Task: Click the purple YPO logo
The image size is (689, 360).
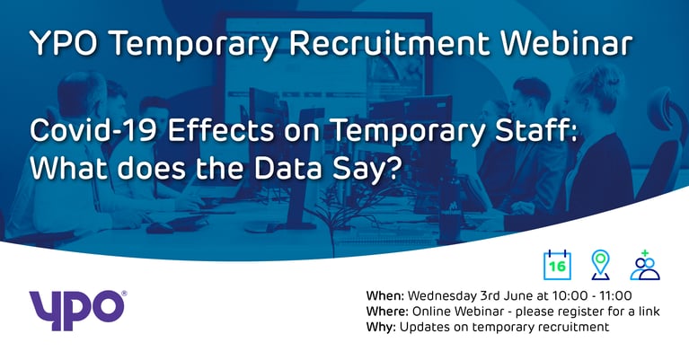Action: coord(77,309)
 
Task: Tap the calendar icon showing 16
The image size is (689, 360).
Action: coord(557,266)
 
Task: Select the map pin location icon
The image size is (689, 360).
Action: coord(600,265)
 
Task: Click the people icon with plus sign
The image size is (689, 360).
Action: coord(644,265)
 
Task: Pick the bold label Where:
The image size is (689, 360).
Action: coord(389,312)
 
